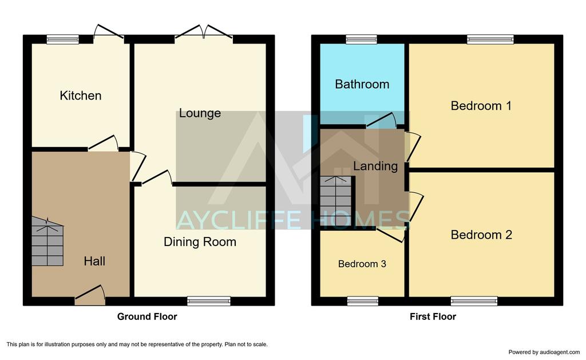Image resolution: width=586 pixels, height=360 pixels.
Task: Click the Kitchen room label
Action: pyautogui.click(x=80, y=96)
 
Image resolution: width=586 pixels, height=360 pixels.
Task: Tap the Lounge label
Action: pyautogui.click(x=200, y=113)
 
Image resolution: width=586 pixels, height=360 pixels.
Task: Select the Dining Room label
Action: pyautogui.click(x=200, y=242)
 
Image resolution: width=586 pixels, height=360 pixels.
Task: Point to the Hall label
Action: pyautogui.click(x=94, y=261)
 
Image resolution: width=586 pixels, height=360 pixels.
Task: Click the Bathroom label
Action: pyautogui.click(x=362, y=84)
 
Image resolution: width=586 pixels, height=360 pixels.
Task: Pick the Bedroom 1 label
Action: pyautogui.click(x=481, y=106)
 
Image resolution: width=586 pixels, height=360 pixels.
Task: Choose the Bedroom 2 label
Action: pyautogui.click(x=481, y=235)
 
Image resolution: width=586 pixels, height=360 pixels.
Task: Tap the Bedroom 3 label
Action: pyautogui.click(x=362, y=264)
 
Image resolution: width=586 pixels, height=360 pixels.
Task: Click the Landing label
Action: pyautogui.click(x=375, y=166)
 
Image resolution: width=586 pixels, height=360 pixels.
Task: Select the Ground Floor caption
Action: pyautogui.click(x=147, y=317)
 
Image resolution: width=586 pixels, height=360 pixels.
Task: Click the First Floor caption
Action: pyautogui.click(x=433, y=317)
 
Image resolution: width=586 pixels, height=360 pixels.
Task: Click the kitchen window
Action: pyautogui.click(x=63, y=39)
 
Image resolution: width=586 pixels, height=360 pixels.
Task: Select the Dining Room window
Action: pyautogui.click(x=209, y=301)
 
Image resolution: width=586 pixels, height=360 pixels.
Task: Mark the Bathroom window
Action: pyautogui.click(x=362, y=39)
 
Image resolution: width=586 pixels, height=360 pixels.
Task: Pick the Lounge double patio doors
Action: pyautogui.click(x=204, y=31)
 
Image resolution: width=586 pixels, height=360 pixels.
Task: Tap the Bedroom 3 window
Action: pyautogui.click(x=362, y=301)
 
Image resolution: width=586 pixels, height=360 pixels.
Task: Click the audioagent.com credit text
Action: pyautogui.click(x=544, y=352)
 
